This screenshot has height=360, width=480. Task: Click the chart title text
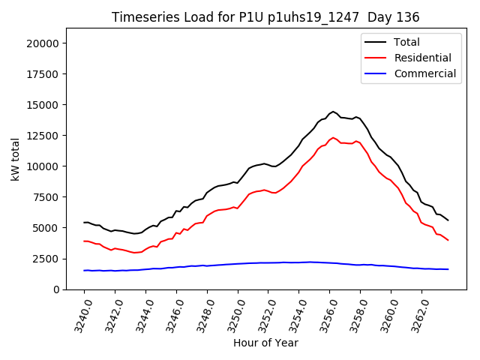tap(265, 16)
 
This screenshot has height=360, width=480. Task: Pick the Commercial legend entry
tap(424, 73)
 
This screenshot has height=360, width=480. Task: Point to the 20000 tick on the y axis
tap(43, 43)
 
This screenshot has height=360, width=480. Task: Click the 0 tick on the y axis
tap(56, 289)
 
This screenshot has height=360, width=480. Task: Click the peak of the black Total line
tap(333, 111)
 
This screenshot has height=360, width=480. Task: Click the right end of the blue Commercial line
tap(448, 269)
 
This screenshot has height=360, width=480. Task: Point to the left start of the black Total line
tap(84, 222)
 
